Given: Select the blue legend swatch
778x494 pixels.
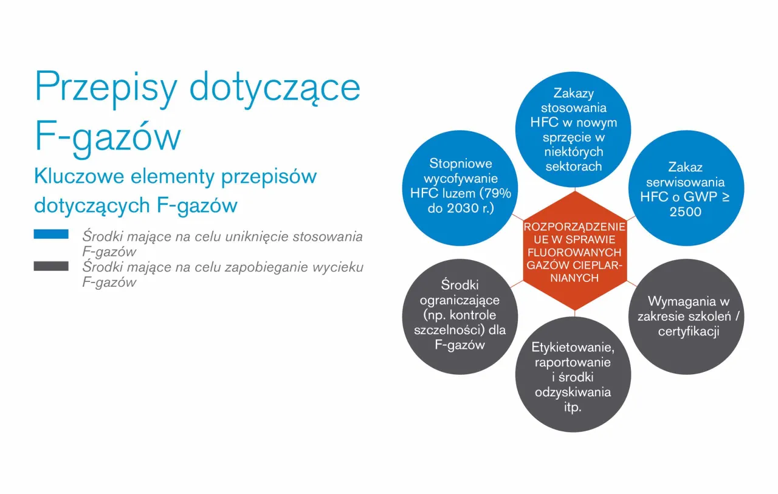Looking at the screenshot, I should [x=51, y=235].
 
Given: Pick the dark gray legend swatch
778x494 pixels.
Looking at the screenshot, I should [x=51, y=266].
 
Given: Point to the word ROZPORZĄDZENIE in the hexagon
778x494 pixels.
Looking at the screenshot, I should [x=574, y=227].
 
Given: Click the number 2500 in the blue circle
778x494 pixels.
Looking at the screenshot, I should [x=685, y=212].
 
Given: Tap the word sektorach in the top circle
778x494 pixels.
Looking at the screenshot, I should [x=573, y=166].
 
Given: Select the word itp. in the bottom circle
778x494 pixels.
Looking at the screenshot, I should [x=573, y=407].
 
